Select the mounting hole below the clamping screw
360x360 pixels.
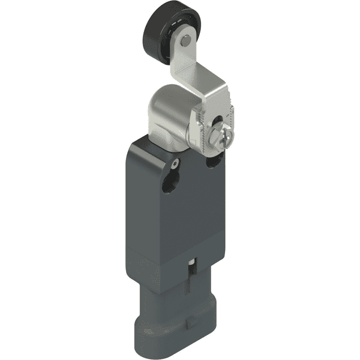coord(214,161)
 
